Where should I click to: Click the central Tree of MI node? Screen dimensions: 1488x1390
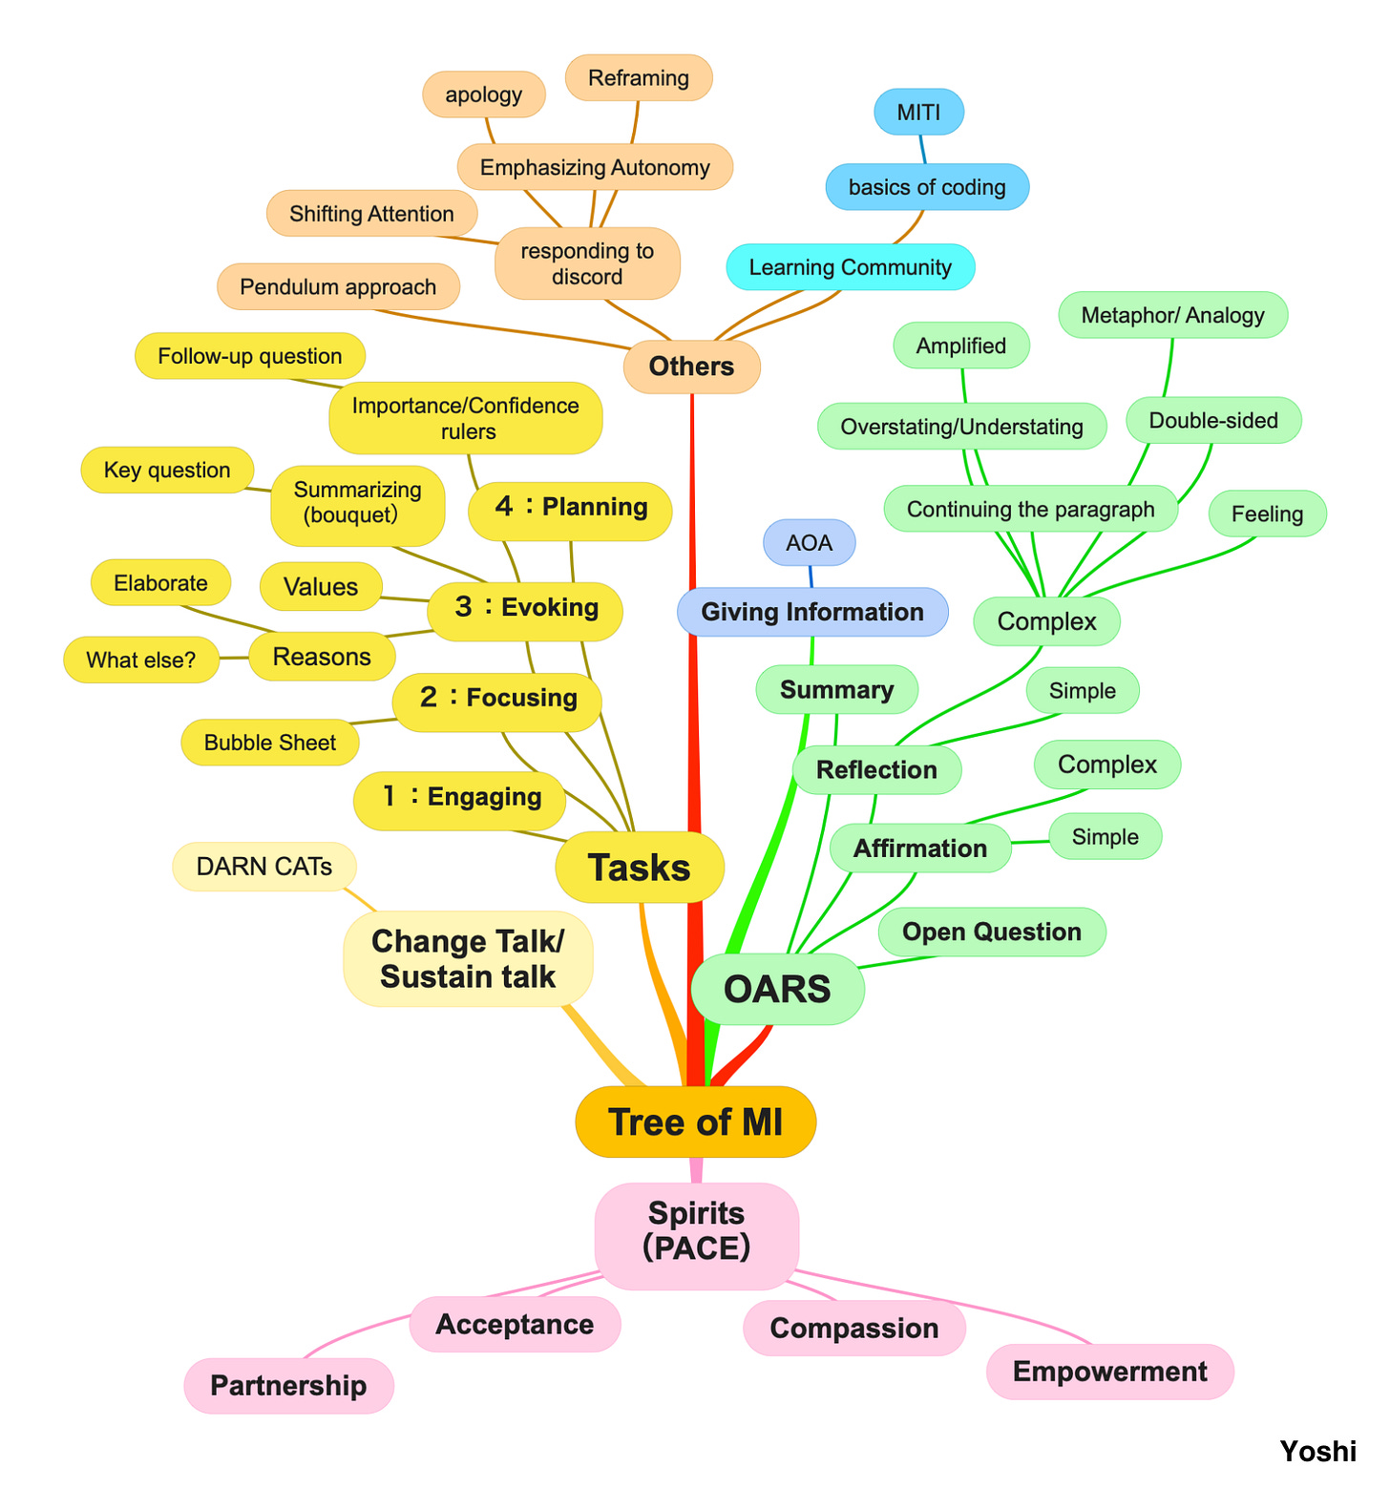point(695,1121)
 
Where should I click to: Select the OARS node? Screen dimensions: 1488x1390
point(777,989)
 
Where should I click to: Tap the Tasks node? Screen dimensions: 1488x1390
point(640,868)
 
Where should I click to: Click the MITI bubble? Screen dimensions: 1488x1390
point(918,113)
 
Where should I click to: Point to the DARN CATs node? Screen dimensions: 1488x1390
point(263,867)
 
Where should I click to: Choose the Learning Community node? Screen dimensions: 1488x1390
point(850,267)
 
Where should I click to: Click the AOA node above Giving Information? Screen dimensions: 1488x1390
point(809,543)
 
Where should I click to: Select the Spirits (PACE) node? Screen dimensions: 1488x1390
point(696,1230)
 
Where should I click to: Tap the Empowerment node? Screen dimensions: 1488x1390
point(1109,1372)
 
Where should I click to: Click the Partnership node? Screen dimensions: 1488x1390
point(288,1385)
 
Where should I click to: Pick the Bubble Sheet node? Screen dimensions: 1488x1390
point(269,743)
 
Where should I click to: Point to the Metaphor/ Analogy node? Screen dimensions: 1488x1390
point(1172,315)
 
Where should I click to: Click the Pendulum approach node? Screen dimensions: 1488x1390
point(338,287)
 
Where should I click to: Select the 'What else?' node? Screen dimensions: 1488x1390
point(141,660)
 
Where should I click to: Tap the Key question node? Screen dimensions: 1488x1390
point(167,470)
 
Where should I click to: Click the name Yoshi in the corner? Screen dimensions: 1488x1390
point(1317,1451)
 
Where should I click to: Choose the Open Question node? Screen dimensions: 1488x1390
point(991,932)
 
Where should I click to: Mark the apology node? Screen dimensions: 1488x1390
point(483,94)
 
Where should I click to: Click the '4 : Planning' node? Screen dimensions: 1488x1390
point(570,507)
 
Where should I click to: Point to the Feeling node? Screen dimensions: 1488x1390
point(1267,513)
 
